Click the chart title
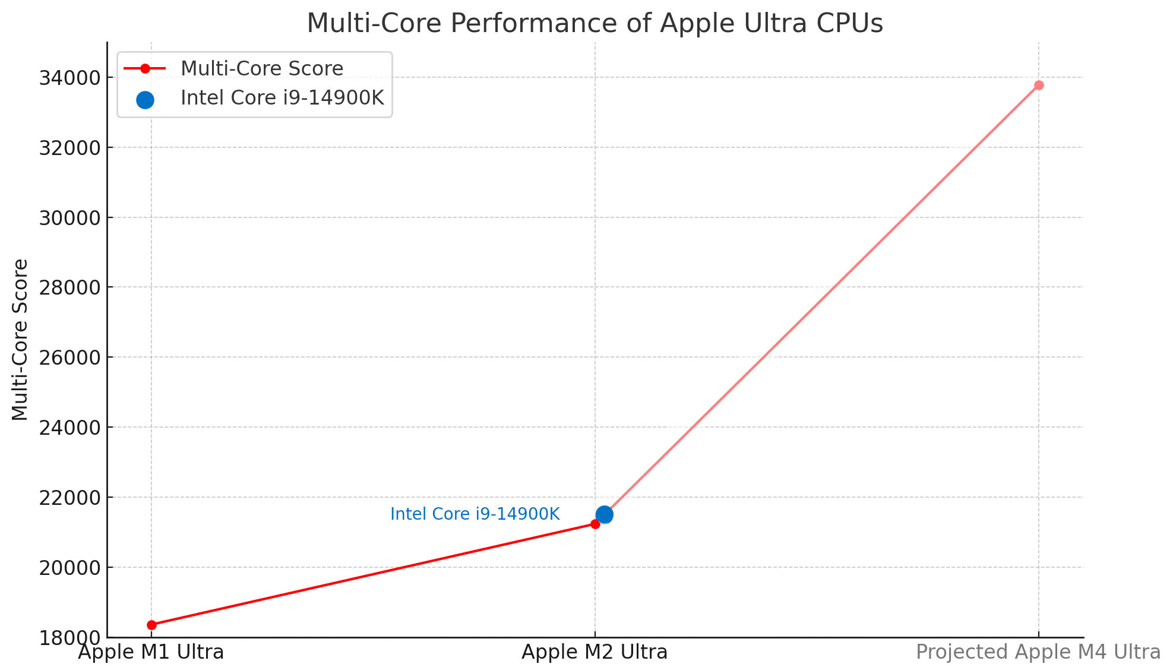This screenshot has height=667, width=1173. click(x=595, y=23)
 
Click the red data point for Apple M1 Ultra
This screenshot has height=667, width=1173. click(x=151, y=625)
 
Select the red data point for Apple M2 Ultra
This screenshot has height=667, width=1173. click(x=595, y=524)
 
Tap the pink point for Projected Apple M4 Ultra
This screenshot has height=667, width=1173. click(x=1039, y=85)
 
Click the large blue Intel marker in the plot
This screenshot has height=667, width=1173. click(x=604, y=514)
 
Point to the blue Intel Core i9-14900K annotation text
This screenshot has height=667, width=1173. click(x=475, y=514)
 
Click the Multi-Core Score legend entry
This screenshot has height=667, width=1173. click(x=261, y=68)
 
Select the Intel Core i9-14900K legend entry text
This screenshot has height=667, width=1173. click(x=282, y=97)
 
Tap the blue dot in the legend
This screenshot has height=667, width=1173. click(x=145, y=100)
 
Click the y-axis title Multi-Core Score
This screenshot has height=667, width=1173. click(x=20, y=340)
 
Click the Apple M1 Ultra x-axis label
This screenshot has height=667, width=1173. click(x=151, y=652)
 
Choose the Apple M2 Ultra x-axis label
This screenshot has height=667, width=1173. click(x=595, y=652)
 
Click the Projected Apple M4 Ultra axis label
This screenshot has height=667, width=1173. click(x=1038, y=652)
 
